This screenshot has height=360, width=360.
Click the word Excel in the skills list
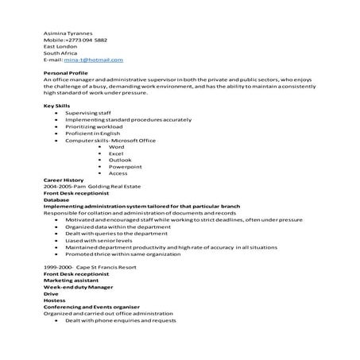tap(116, 154)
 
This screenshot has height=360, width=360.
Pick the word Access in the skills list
tap(118, 172)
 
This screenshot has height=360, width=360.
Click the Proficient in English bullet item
tap(92, 134)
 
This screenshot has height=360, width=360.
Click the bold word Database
tap(56, 199)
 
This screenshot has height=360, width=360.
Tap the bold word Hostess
tap(54, 300)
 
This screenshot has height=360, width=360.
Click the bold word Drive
tap(51, 294)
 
